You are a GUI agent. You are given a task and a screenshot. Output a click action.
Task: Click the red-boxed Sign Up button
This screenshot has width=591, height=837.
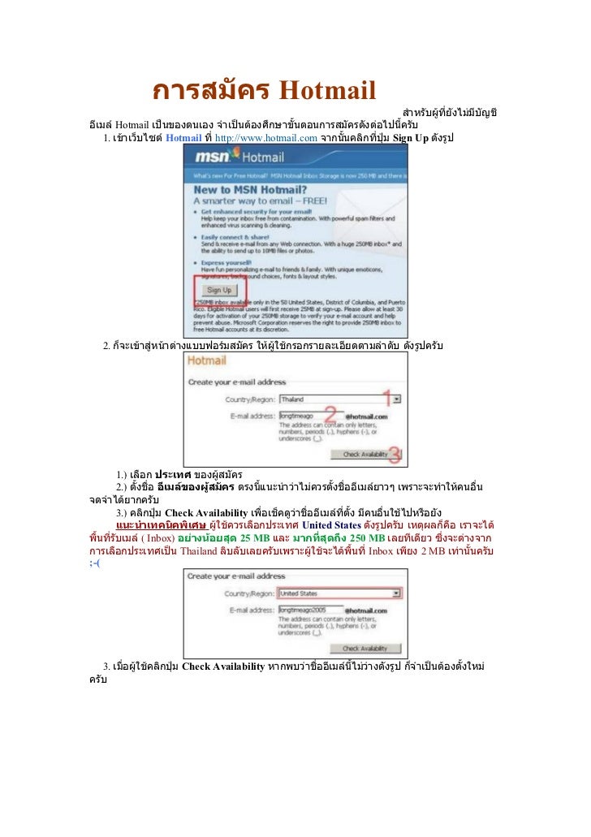click(218, 289)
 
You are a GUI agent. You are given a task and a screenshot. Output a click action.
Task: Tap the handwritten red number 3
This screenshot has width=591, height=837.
click(394, 454)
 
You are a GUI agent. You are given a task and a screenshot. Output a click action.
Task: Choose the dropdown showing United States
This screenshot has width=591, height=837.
click(339, 593)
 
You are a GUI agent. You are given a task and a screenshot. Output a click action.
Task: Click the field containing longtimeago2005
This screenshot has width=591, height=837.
click(309, 609)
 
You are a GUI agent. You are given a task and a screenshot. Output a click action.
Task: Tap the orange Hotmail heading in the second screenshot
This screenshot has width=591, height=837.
click(207, 361)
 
